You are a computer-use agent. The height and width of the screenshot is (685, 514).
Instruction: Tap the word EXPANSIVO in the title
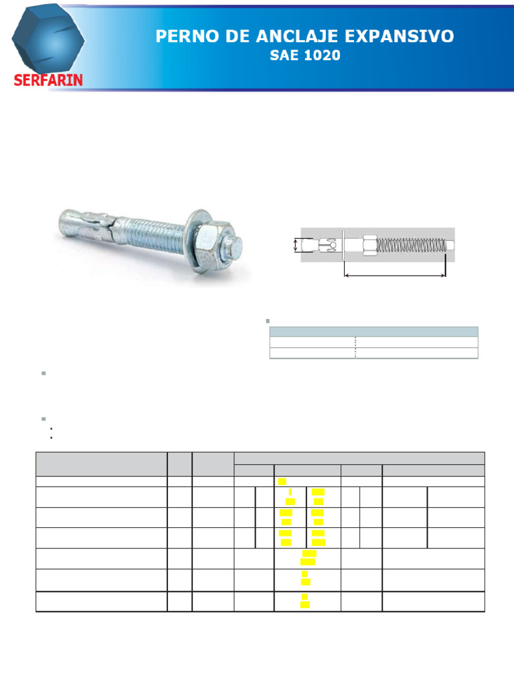point(405,36)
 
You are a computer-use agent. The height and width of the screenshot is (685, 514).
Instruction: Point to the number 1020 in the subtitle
point(322,56)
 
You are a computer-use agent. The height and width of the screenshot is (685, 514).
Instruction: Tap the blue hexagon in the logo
point(48,40)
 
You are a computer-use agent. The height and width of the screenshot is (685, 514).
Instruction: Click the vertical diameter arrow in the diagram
point(295,246)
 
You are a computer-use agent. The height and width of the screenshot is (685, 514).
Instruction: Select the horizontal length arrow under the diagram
point(394,274)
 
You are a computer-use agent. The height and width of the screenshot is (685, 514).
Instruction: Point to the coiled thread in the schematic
point(410,246)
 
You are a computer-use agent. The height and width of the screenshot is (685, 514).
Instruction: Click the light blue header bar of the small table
point(373,331)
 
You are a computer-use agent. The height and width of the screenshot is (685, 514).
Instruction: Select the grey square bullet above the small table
point(268,321)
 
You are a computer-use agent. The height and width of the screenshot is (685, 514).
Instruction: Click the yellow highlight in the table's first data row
point(282,482)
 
